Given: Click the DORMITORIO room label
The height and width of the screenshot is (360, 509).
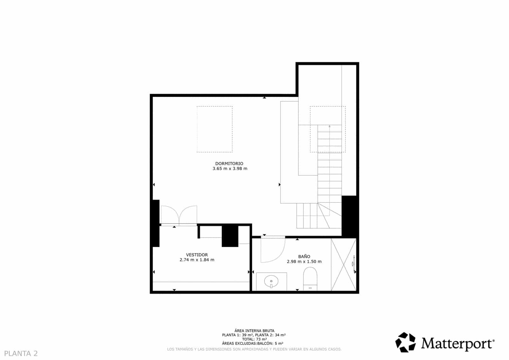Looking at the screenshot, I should tap(229, 164).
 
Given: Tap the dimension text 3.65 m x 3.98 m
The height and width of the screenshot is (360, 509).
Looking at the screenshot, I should tap(230, 169).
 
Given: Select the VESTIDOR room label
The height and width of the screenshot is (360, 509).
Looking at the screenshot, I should tap(197, 255).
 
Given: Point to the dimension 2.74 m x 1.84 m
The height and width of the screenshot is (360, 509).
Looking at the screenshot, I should tap(197, 260).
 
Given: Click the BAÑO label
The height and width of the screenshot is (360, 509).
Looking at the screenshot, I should tap(304, 256).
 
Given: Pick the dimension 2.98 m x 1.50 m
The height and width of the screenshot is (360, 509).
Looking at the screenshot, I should tap(304, 262).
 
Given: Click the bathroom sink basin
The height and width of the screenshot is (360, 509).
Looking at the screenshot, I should tap(271, 281).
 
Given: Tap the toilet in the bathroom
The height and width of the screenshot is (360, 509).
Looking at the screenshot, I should tap(310, 278).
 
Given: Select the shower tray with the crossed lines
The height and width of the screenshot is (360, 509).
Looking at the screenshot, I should tap(343, 264).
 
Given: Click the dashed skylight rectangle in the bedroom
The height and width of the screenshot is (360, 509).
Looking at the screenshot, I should tap(214, 129).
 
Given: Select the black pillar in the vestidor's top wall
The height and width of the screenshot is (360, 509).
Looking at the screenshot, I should tap(230, 236).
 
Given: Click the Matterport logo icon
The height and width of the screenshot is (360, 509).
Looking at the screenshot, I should tap(406, 342).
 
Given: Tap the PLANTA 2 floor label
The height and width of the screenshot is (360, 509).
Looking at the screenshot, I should tap(21, 353).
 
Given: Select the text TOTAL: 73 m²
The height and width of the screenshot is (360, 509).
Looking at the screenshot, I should tap(254, 339).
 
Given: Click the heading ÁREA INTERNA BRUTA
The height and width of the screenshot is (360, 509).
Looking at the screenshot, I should tap(254, 331).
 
